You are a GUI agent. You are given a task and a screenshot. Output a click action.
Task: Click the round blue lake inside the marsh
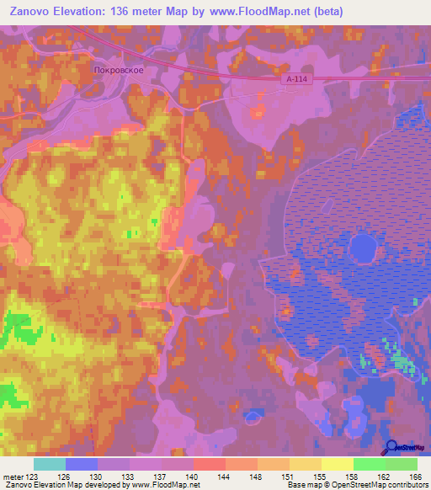(362, 248)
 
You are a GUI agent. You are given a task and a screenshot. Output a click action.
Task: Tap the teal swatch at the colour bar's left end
(50, 464)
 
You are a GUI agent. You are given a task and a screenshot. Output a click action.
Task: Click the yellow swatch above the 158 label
(337, 464)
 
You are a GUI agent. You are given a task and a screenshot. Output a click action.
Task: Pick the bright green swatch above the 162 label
(369, 464)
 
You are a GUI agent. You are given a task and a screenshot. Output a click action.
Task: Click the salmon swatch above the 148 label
(242, 464)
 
